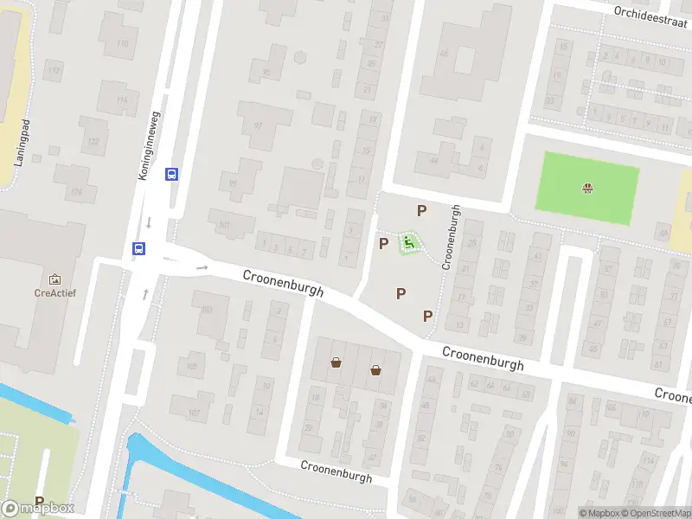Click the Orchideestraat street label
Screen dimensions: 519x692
point(650,12)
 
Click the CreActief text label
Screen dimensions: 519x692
point(55,293)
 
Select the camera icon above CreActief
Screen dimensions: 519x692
point(55,279)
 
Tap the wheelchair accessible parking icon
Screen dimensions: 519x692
point(408,243)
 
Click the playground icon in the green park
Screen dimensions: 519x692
point(589,188)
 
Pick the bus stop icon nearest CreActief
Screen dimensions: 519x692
point(138,248)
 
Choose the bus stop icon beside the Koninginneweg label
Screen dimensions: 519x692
point(171,174)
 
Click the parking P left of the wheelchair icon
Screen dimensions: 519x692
point(383,243)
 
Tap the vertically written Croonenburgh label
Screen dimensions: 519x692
point(449,237)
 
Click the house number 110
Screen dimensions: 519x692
point(122,43)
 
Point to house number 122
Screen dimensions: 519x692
point(93,141)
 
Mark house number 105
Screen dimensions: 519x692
point(191,367)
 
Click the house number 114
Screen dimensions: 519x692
point(121,100)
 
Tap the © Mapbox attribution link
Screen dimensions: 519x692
point(600,513)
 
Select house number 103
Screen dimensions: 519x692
point(206,309)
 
